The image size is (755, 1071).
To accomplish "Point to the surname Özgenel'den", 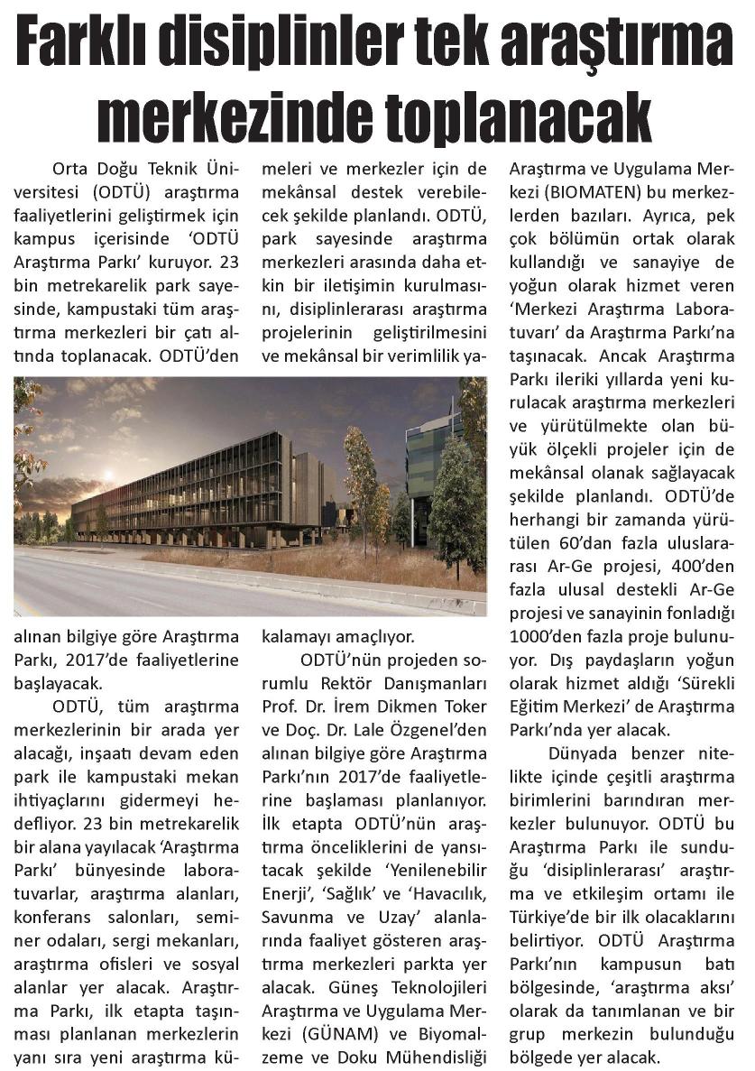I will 437,730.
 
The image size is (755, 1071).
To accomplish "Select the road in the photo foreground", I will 180,591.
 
